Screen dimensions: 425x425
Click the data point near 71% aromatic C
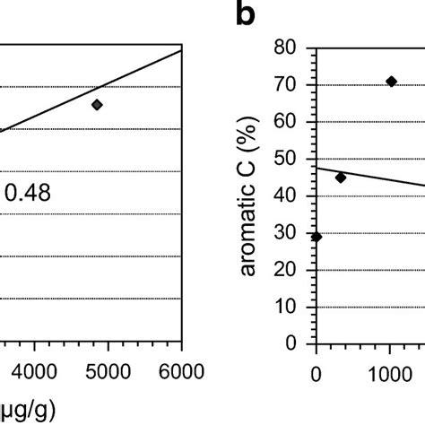391,82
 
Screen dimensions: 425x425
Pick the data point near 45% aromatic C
340,178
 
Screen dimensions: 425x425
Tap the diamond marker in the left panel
97,105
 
